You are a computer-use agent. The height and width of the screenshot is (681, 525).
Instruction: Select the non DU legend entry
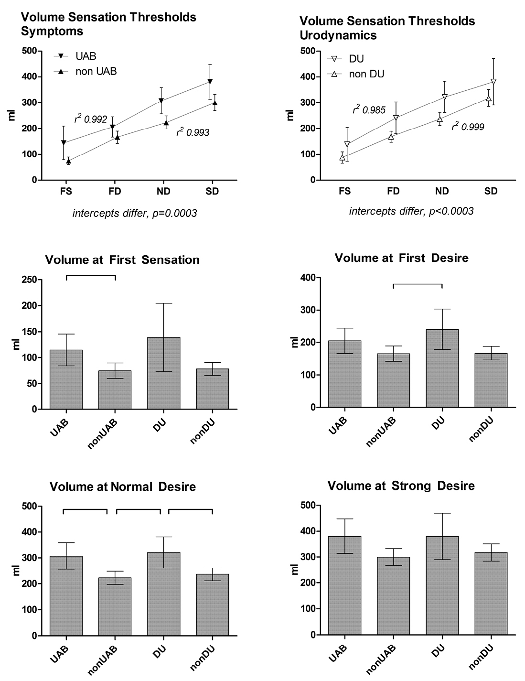point(355,74)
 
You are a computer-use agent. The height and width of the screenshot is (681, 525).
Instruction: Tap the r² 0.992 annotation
point(90,119)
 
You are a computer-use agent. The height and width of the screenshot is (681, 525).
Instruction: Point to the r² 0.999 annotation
point(468,127)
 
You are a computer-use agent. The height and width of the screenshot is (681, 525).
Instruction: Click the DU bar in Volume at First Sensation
point(163,373)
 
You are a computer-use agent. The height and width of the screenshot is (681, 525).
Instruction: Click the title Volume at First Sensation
point(122,260)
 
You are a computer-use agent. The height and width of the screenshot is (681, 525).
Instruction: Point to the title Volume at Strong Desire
point(401,486)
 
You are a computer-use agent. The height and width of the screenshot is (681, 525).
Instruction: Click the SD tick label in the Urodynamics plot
point(491,191)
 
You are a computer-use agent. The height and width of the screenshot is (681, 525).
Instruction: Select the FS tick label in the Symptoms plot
point(66,191)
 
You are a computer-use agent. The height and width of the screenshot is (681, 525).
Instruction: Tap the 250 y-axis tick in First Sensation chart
point(31,280)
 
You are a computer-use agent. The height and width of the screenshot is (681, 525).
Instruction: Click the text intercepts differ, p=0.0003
point(135,213)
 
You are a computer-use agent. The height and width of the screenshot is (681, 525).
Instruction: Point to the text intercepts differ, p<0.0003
point(411,211)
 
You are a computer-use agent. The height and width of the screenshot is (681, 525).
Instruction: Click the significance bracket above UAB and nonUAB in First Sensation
point(91,276)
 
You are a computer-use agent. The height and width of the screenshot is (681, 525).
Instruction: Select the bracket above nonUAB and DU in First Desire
point(418,284)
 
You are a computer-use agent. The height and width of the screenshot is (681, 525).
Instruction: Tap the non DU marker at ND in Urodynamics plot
point(439,119)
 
